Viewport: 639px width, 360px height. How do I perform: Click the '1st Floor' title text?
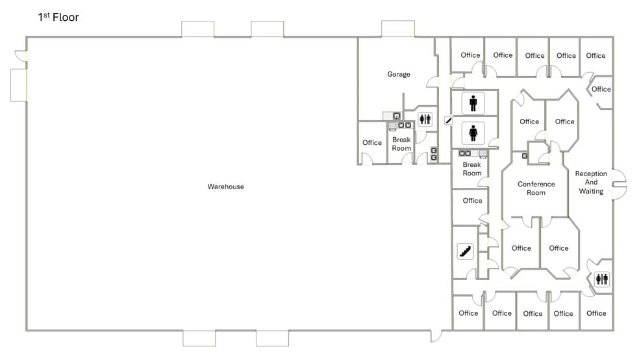click(x=58, y=18)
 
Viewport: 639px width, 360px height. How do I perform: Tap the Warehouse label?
click(x=225, y=186)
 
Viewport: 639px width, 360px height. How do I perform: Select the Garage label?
click(x=398, y=74)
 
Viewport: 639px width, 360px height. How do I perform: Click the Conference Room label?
click(x=536, y=188)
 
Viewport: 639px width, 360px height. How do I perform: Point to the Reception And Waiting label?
click(x=591, y=183)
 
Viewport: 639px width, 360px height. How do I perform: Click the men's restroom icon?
click(x=473, y=103)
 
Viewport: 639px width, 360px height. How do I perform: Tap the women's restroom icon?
click(x=473, y=133)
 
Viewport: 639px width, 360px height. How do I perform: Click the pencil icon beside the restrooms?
click(x=448, y=120)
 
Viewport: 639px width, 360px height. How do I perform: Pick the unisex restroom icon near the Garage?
click(x=425, y=119)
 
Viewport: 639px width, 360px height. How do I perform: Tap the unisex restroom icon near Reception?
click(x=602, y=279)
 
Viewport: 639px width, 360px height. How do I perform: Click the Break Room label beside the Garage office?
click(x=401, y=144)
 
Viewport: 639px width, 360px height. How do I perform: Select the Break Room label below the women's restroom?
click(x=471, y=169)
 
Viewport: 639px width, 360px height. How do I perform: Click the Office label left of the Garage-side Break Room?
click(x=372, y=143)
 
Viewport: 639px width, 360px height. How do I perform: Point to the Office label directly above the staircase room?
click(x=472, y=201)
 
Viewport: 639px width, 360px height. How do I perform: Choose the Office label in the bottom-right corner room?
click(x=595, y=313)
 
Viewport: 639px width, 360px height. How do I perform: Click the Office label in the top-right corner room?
click(x=595, y=56)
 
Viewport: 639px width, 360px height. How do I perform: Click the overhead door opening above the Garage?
click(x=397, y=29)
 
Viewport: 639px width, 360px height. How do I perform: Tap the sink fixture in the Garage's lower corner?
click(x=395, y=116)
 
